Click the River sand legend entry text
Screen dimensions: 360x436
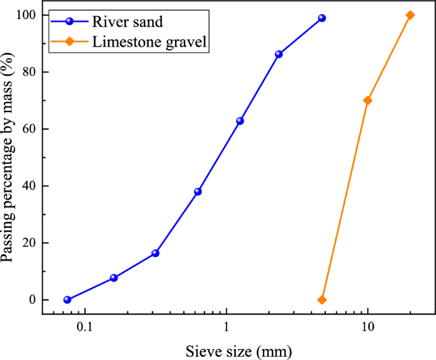(x=128, y=22)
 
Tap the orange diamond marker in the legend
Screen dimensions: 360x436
(x=69, y=42)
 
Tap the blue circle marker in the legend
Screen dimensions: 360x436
(x=69, y=22)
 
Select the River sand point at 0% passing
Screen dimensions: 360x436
(x=67, y=299)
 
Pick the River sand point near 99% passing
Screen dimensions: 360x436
(x=322, y=18)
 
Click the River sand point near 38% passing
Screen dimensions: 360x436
(x=198, y=191)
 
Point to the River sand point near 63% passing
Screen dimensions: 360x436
(x=240, y=120)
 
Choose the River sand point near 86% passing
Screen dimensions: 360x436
(x=279, y=54)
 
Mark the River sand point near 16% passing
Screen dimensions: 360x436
(x=155, y=253)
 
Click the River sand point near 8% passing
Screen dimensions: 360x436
(x=114, y=278)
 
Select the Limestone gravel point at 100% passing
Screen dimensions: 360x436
(x=410, y=15)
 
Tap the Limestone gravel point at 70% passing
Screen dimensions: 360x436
(x=367, y=101)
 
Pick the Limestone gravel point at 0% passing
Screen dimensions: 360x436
(x=322, y=299)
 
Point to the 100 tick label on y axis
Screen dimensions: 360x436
(x=27, y=15)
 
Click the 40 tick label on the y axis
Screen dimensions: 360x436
(x=29, y=186)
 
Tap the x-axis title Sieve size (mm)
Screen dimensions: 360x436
(x=239, y=350)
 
